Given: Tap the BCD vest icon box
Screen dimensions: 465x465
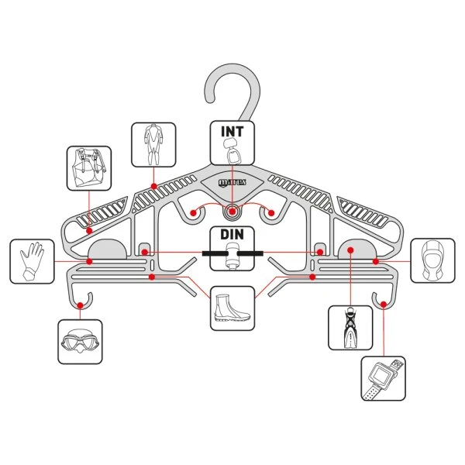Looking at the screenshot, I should pyautogui.click(x=88, y=168).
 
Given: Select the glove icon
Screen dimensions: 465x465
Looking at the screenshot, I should pyautogui.click(x=32, y=260).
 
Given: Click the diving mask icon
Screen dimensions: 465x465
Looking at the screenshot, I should pyautogui.click(x=80, y=342).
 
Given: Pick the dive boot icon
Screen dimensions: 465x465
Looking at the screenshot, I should pyautogui.click(x=232, y=309).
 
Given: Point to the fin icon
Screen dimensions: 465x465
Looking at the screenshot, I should pyautogui.click(x=350, y=327).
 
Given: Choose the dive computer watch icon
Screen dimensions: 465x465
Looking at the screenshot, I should pyautogui.click(x=383, y=378).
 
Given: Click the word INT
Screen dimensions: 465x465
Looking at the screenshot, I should pyautogui.click(x=232, y=131).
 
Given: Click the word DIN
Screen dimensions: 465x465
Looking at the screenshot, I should pyautogui.click(x=232, y=235).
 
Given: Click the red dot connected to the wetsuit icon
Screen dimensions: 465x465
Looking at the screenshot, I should pyautogui.click(x=154, y=186).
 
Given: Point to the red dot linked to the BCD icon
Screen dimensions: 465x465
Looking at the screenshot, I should pyautogui.click(x=90, y=229).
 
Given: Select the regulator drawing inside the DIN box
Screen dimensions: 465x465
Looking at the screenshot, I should pyautogui.click(x=232, y=255).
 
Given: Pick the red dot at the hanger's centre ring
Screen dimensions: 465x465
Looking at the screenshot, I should pyautogui.click(x=232, y=210).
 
